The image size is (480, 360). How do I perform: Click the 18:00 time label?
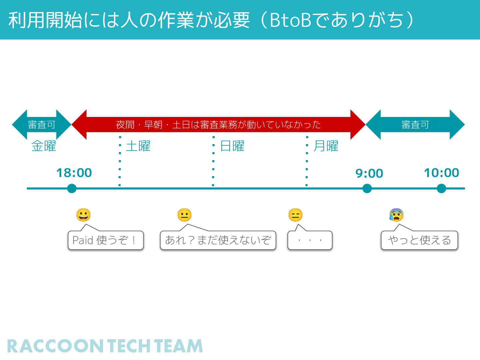74,173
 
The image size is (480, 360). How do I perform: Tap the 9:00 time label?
369,173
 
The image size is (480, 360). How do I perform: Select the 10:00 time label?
441,173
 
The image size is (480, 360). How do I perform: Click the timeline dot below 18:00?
72,189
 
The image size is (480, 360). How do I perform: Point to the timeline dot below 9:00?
367,189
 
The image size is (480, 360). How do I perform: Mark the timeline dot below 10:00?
441,189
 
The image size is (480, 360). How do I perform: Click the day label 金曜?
44,146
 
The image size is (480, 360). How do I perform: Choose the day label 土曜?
138,146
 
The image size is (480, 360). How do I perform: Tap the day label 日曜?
232,146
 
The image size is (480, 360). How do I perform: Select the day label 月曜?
326,146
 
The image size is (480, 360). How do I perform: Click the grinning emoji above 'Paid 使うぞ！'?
83,215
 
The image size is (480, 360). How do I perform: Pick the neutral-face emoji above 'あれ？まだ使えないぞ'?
184,215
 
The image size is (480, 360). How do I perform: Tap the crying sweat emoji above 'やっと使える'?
396,215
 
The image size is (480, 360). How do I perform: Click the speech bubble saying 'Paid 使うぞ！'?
105,240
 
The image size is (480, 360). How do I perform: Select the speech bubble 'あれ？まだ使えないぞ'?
218,240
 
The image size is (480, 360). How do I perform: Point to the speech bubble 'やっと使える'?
419,240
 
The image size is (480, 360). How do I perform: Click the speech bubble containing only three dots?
310,240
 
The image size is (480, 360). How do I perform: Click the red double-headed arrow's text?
218,125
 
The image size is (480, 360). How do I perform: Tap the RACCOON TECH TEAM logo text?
105,346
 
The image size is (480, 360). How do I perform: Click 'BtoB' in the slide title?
290,20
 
